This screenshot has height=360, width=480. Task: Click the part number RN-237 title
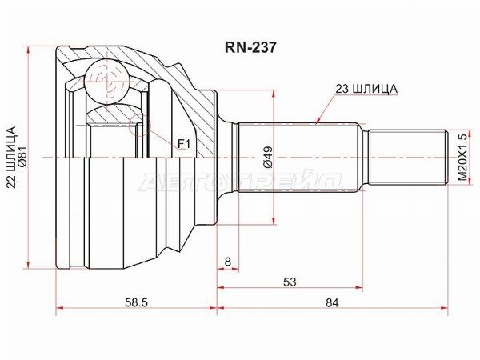click(x=250, y=47)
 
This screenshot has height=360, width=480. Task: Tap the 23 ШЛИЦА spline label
click(x=366, y=89)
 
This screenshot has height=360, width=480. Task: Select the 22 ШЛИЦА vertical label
click(x=12, y=158)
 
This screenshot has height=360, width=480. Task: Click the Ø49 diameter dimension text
click(x=268, y=158)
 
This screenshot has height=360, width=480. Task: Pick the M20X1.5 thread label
click(x=464, y=157)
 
